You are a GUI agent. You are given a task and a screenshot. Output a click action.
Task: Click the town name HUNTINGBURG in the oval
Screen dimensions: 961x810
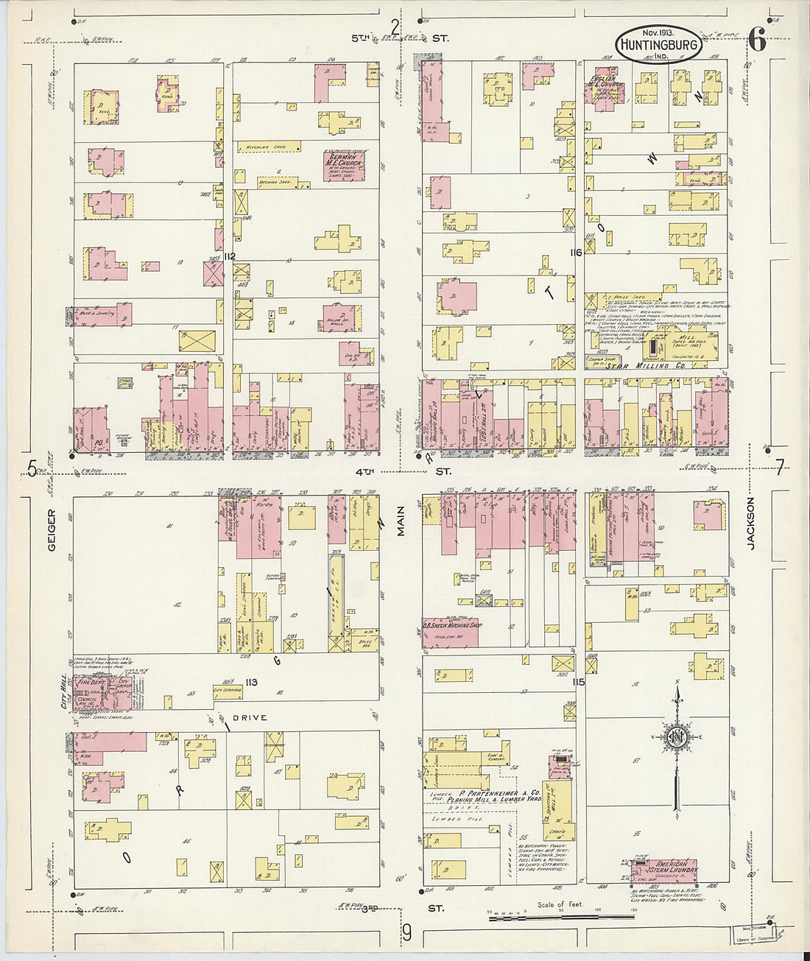pyautogui.click(x=658, y=45)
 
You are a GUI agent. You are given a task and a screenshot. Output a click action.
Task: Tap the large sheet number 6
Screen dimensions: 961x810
pyautogui.click(x=758, y=41)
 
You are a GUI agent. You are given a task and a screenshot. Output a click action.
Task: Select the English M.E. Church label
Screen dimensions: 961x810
pyautogui.click(x=607, y=81)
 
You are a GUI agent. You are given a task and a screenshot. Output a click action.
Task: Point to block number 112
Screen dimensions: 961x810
pyautogui.click(x=230, y=256)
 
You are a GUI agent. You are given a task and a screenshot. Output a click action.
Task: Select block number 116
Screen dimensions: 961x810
pyautogui.click(x=576, y=253)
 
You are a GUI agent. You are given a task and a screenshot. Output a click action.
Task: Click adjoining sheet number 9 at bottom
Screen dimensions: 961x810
pyautogui.click(x=406, y=934)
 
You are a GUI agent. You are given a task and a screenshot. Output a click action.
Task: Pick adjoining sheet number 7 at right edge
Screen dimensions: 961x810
pyautogui.click(x=780, y=466)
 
